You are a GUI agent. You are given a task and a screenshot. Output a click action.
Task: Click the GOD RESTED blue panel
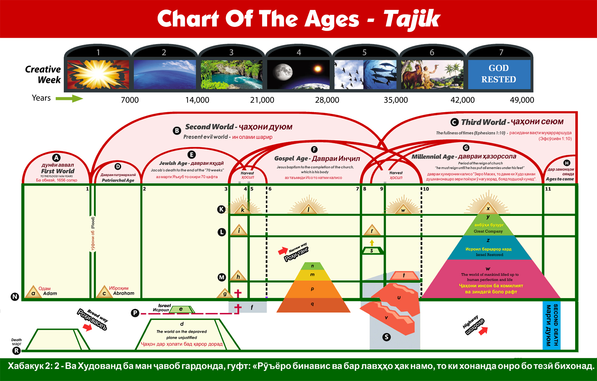(x=499, y=74)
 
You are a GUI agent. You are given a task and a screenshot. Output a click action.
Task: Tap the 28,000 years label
(x=327, y=100)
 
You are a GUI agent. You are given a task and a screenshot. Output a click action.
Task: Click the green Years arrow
(x=69, y=98)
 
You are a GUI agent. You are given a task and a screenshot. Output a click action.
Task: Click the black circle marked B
(x=177, y=131)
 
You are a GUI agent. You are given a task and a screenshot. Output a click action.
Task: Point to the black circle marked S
(x=387, y=337)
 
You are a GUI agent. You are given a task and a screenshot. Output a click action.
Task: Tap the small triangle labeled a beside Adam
(x=33, y=292)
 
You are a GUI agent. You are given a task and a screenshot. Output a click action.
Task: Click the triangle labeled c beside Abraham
(x=104, y=292)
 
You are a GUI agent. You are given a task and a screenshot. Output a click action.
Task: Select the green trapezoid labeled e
(x=181, y=309)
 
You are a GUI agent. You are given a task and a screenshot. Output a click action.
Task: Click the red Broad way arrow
(x=87, y=327)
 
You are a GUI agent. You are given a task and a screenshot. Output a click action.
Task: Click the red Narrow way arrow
(x=283, y=251)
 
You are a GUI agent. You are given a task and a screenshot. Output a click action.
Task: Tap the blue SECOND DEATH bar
(x=552, y=325)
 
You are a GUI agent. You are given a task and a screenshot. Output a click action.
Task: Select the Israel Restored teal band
(x=488, y=251)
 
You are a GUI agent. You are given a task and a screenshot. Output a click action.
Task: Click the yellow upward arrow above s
(x=372, y=243)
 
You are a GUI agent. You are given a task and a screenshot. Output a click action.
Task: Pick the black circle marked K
(x=221, y=210)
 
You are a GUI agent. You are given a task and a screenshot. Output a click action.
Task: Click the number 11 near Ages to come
(x=548, y=189)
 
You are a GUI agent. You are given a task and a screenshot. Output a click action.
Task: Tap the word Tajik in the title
(x=411, y=19)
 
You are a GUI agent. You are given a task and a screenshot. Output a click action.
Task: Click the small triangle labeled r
(x=372, y=231)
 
